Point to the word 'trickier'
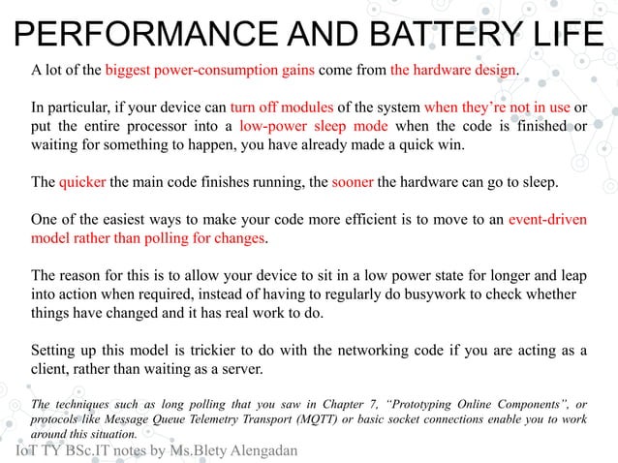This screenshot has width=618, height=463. pos(219,350)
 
